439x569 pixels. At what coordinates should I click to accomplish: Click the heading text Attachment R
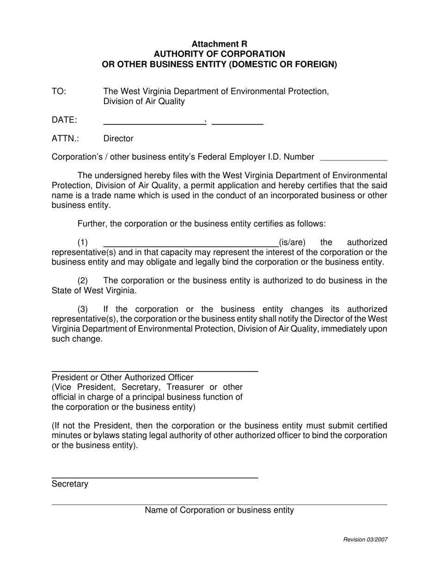(x=219, y=44)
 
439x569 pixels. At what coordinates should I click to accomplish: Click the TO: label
(x=59, y=92)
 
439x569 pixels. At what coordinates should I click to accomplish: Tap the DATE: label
(x=64, y=120)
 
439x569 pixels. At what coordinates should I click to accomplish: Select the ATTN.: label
(x=65, y=139)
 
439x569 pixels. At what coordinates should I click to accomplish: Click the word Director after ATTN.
(x=118, y=139)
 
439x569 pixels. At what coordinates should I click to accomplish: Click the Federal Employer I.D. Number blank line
(x=354, y=160)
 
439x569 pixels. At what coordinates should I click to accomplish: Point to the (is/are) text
(x=292, y=242)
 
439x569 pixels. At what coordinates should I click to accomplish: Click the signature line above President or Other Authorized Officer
(x=154, y=371)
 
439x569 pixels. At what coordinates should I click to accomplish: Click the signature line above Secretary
(x=154, y=477)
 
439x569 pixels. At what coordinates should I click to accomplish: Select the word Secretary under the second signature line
(x=70, y=484)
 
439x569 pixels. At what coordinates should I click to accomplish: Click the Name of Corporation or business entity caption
(x=219, y=510)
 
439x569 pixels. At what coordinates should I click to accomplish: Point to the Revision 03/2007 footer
(x=365, y=539)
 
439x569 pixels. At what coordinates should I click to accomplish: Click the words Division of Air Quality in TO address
(x=144, y=101)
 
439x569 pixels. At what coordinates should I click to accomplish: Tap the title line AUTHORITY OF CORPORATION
(x=219, y=54)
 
